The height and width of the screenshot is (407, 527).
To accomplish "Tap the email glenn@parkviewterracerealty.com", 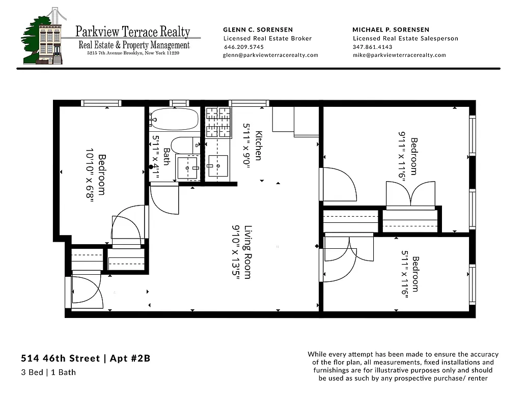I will [x=270, y=55].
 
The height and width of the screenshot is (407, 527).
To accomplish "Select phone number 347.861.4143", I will [x=372, y=47].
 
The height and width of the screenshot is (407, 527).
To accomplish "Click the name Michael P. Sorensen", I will [x=391, y=30].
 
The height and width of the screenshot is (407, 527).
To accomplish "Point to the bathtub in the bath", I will [x=174, y=120].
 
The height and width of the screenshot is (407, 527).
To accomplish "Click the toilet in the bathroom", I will [x=182, y=145].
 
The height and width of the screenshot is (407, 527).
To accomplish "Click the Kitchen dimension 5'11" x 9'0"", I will [x=246, y=147].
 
